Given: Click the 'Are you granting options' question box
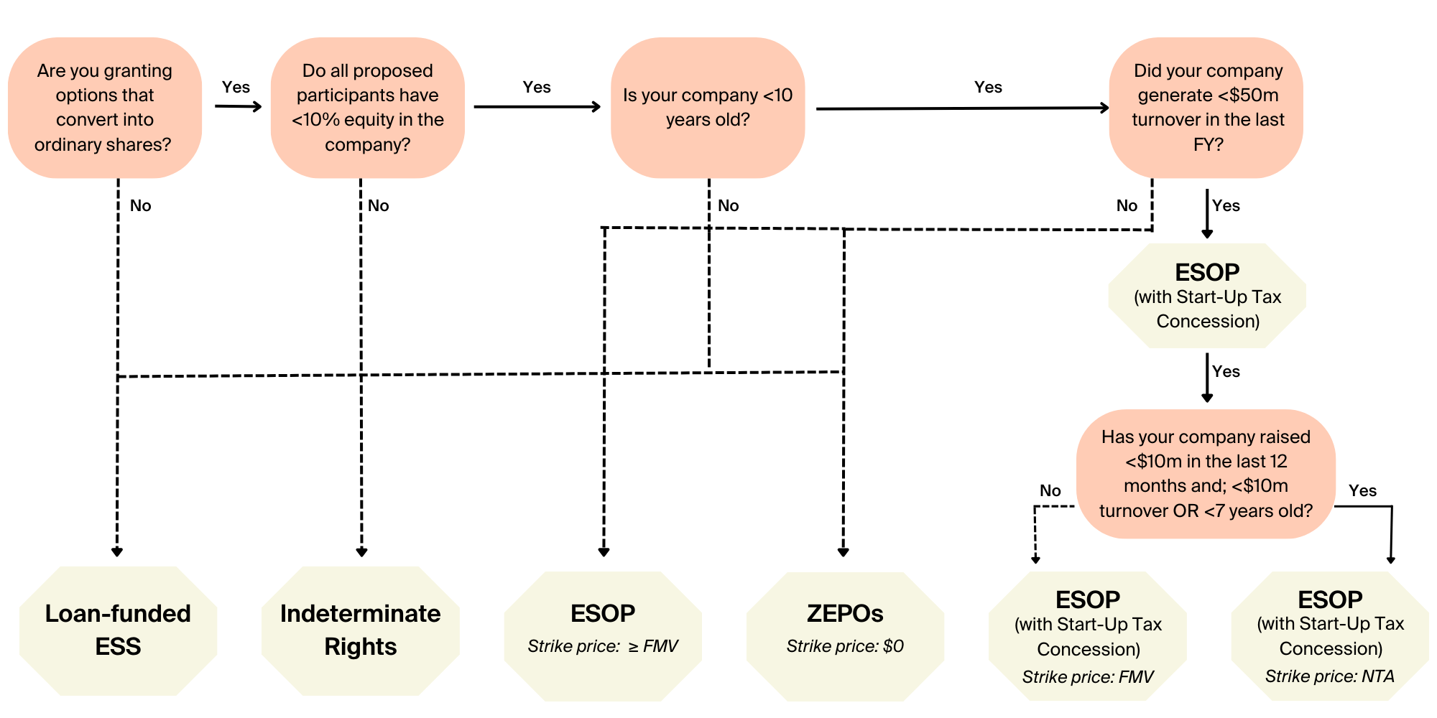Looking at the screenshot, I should [105, 108].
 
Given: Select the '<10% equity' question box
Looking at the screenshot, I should [367, 108].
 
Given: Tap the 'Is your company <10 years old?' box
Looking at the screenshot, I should [708, 108].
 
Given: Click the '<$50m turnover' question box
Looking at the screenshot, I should [1207, 108].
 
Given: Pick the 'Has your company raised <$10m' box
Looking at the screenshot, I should [1206, 474].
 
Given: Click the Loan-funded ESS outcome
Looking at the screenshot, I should [118, 630].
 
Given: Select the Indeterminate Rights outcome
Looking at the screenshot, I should [361, 630].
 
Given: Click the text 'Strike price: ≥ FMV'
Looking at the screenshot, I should [603, 646].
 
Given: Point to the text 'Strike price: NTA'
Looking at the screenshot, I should [1329, 676].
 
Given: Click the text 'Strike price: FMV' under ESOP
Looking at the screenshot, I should [1088, 677].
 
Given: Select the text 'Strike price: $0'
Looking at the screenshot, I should [845, 646].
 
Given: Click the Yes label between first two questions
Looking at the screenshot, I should [236, 88].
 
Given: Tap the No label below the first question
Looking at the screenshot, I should [140, 206].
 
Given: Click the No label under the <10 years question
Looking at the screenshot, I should [728, 206].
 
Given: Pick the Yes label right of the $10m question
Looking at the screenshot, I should [1362, 491].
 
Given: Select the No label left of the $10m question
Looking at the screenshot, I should [1050, 491].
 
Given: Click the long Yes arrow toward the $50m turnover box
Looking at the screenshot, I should [963, 108].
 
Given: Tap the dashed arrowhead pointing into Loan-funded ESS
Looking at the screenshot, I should [117, 551].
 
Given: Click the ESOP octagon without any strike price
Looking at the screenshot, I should [1207, 296].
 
